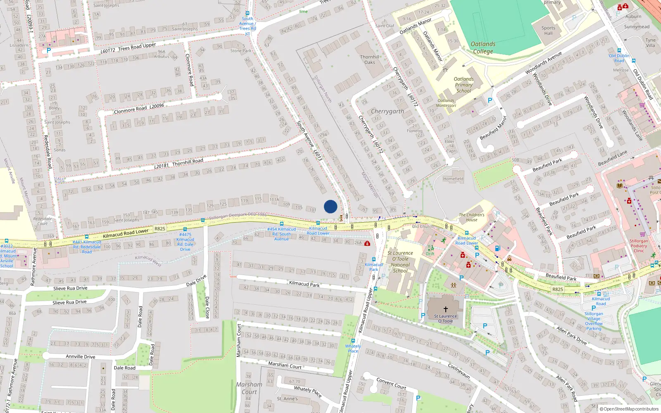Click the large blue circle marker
(330, 206)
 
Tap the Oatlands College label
(483, 47)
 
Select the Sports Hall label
(548, 31)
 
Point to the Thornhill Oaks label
(370, 60)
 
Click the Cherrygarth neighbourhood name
(388, 111)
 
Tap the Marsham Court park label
(249, 388)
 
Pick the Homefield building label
(453, 179)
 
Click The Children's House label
(472, 217)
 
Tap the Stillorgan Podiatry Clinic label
(639, 246)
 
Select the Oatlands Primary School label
(464, 85)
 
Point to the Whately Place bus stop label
(353, 349)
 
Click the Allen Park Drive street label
(571, 335)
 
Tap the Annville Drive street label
(81, 356)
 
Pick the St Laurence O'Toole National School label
(400, 262)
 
